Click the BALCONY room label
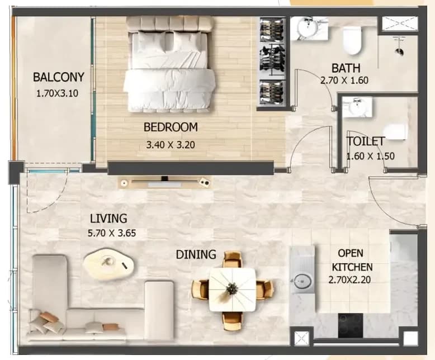(x=59, y=77)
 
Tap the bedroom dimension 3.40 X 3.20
(x=171, y=145)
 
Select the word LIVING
(x=108, y=219)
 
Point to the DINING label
(x=196, y=254)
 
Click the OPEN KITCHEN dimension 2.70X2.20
(x=349, y=280)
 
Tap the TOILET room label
(x=366, y=141)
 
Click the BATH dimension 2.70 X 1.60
(x=344, y=80)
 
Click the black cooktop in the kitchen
(x=351, y=325)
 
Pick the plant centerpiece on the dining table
(x=231, y=289)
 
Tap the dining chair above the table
(x=233, y=259)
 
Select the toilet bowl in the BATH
(x=352, y=40)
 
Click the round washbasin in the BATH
(x=307, y=27)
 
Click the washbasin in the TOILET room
(x=357, y=107)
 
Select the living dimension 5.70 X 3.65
(x=112, y=233)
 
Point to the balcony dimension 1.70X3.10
(x=58, y=93)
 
